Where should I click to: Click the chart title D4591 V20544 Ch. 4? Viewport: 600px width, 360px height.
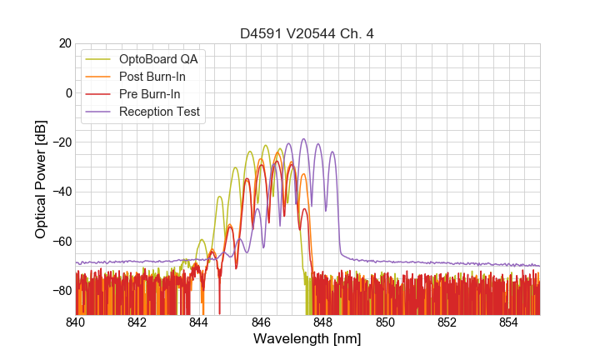307,34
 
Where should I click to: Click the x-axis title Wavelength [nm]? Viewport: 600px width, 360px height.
307,339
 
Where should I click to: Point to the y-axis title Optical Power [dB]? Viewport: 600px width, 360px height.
41,178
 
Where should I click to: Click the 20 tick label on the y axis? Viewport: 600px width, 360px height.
64,43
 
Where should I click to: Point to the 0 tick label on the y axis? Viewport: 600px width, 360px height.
67,92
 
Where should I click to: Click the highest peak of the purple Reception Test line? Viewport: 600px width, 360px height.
303,139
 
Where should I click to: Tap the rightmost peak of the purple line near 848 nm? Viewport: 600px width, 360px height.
332,152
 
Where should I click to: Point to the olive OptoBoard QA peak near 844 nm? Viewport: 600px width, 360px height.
202,240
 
